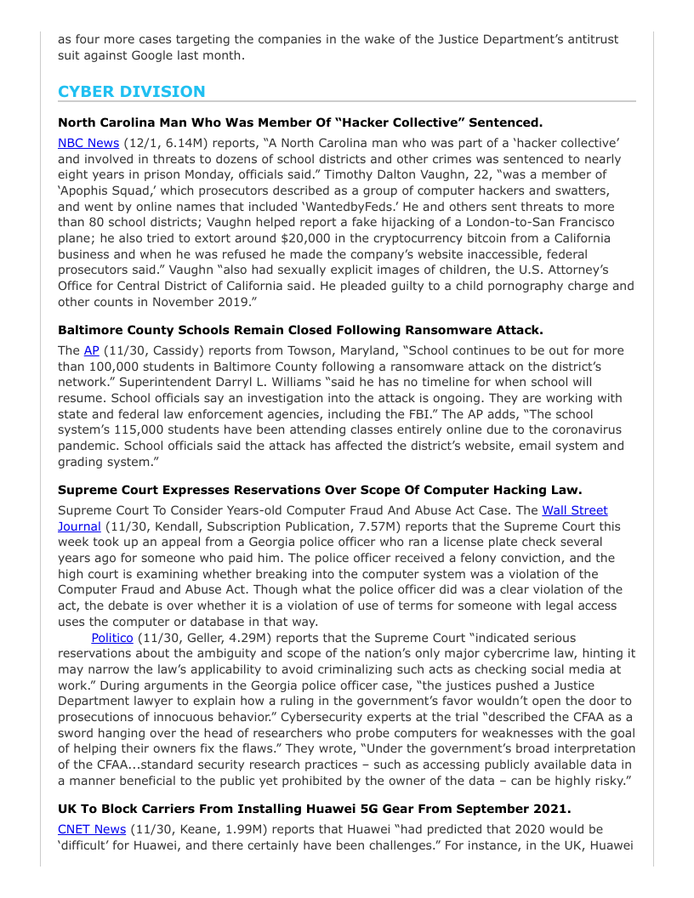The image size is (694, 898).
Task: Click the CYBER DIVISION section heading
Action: pyautogui.click(x=132, y=92)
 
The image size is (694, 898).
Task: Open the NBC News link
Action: pyautogui.click(x=88, y=143)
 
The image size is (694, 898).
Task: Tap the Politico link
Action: pyautogui.click(x=112, y=638)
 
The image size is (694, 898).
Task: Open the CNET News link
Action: pyautogui.click(x=92, y=829)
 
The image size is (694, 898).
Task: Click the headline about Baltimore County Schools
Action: pyautogui.click(x=300, y=330)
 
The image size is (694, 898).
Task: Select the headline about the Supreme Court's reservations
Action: pyautogui.click(x=320, y=490)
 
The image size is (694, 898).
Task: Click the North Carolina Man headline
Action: pyautogui.click(x=300, y=122)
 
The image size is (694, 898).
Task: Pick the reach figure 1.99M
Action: pyautogui.click(x=219, y=829)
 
